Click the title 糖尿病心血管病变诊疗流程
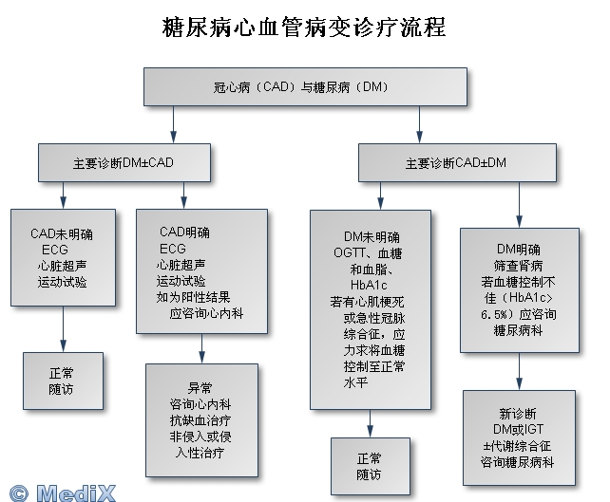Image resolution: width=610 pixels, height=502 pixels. pos(304,28)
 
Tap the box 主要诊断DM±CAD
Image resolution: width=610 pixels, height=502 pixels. pos(124,162)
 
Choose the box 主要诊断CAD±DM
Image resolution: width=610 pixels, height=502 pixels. pos(455,162)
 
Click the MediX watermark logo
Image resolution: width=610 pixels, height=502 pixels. pos(64,491)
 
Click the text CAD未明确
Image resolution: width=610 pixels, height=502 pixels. pos(62,232)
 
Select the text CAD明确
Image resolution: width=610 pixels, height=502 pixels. pos(184,231)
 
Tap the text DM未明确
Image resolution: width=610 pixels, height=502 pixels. pos(372,235)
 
